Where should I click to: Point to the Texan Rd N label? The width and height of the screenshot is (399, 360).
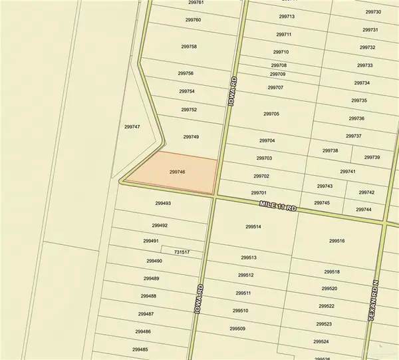click(x=373, y=301)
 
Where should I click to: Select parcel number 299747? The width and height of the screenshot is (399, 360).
click(x=132, y=126)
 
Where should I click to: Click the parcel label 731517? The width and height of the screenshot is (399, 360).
click(x=182, y=252)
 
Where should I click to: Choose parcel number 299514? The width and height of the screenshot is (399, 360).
click(x=253, y=227)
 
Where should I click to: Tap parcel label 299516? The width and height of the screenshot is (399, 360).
click(x=337, y=241)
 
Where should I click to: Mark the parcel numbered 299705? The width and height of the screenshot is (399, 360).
click(x=271, y=114)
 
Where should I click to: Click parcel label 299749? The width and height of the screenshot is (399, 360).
click(x=191, y=136)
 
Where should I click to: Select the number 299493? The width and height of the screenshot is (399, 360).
click(x=163, y=204)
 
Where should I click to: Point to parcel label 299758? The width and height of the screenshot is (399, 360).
click(x=189, y=47)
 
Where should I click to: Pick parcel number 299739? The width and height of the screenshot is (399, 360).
click(x=372, y=157)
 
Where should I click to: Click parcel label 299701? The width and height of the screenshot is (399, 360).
click(x=259, y=193)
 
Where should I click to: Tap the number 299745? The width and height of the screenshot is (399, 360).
click(x=322, y=203)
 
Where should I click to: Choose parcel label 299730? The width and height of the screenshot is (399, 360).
click(x=374, y=12)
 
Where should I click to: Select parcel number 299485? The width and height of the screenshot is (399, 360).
click(x=140, y=349)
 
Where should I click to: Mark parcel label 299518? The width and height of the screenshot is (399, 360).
click(x=332, y=271)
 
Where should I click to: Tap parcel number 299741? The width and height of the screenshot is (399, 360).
click(x=347, y=172)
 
